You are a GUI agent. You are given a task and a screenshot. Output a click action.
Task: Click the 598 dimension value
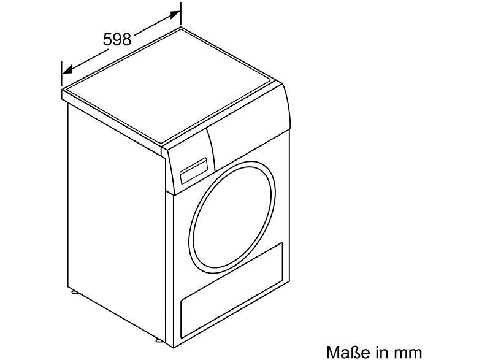117,40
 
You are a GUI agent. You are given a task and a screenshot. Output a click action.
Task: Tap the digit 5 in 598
107,40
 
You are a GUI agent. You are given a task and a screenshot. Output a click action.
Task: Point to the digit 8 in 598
127,40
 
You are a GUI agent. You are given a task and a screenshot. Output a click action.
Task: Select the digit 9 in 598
117,40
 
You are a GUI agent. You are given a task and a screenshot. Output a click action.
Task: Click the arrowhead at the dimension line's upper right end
175,14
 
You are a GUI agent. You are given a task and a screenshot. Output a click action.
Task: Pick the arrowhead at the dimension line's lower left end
67,70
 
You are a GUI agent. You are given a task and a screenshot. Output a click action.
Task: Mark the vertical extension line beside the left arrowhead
62,74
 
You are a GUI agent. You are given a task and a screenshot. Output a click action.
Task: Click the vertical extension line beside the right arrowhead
180,15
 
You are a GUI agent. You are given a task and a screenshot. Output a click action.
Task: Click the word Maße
346,351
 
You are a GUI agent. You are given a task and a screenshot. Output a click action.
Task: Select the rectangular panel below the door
231,290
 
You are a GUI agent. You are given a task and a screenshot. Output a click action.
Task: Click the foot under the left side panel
74,291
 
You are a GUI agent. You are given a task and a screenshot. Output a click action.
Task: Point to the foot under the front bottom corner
158,341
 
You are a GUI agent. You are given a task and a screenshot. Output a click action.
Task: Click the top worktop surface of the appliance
170,86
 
